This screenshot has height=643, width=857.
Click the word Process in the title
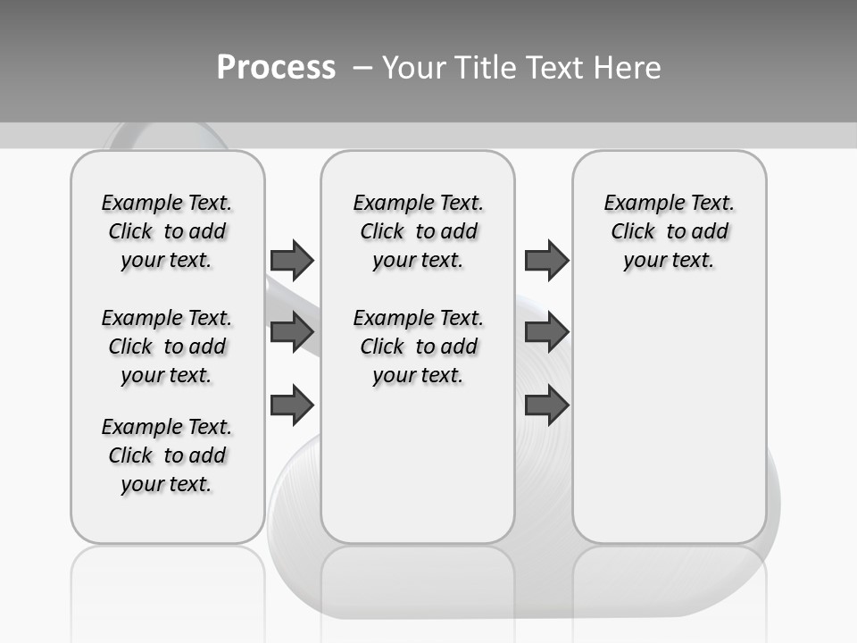pos(276,68)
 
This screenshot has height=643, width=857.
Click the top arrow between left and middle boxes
pos(292,260)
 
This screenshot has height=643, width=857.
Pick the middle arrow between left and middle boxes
pos(292,332)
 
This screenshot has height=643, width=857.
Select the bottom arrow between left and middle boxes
pos(292,405)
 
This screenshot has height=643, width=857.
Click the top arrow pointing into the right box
pos(546,260)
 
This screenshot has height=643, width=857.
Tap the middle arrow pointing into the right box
pos(546,332)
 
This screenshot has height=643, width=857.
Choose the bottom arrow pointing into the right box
pos(546,405)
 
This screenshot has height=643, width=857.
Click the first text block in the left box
pos(167,231)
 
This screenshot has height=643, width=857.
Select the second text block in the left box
pos(167,347)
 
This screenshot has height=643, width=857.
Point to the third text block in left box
pos(167,455)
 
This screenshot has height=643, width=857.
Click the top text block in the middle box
pos(418,231)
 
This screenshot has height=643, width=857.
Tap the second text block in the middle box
pos(418,347)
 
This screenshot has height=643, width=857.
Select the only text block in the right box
pos(670,231)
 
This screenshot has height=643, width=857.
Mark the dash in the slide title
pos(362,68)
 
